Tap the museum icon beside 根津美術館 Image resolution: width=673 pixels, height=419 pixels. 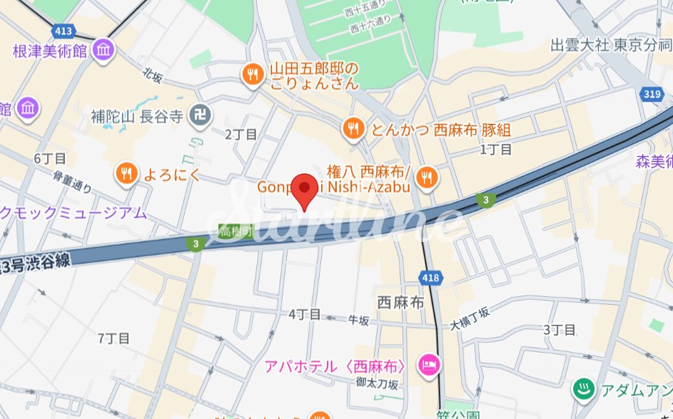coord(104,51)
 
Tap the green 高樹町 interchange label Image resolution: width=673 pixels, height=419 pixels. coord(236,231)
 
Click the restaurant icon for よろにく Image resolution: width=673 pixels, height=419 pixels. coord(126,172)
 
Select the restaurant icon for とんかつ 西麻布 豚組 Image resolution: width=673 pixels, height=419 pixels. coord(353,128)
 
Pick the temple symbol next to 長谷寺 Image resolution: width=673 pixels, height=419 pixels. coord(201,114)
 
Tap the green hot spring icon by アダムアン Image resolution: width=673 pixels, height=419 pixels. coord(583,390)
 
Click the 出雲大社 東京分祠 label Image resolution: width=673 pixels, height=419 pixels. coord(611,45)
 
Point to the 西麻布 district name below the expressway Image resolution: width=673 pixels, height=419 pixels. coord(400,303)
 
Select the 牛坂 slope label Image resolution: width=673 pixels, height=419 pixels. coord(358,321)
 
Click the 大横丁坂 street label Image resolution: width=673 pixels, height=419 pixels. coord(470,318)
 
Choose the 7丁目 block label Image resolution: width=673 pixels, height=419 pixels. coord(114,338)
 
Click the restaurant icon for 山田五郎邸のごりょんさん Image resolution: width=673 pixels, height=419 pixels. coord(252,73)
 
